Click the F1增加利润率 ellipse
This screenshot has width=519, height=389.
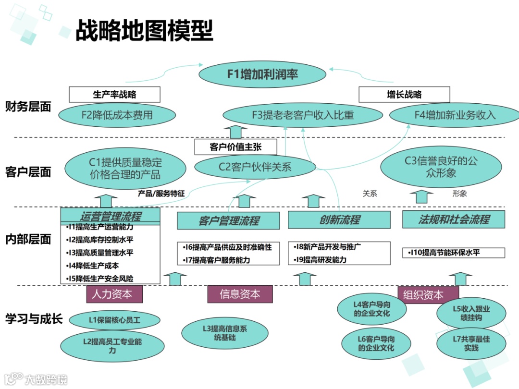262,74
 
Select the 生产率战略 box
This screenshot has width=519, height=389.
114,95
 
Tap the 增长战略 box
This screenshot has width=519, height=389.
404,95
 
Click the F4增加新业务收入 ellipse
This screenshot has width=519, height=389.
455,115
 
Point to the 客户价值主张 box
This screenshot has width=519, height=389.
235,147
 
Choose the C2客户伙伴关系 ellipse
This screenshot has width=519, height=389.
255,167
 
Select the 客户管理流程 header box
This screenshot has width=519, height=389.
228,220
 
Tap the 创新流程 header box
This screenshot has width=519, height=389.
339,220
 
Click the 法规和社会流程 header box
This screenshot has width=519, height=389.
454,219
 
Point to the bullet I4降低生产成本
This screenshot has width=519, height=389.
93,266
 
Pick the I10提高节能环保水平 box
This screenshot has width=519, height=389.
454,253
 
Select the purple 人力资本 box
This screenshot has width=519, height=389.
115,294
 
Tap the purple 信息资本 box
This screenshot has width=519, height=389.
240,294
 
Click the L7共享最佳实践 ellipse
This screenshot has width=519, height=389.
471,343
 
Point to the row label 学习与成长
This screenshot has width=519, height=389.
34,319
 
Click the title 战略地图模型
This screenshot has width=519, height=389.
144,31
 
